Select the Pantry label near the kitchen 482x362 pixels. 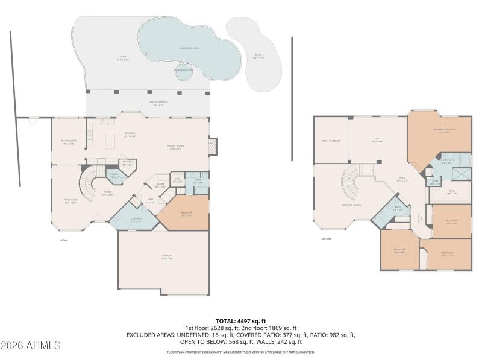click(127, 163)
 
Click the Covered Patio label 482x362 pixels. click(159, 103)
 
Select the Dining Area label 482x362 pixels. click(69, 142)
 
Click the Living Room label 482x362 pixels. click(71, 201)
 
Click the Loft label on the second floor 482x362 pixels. click(377, 140)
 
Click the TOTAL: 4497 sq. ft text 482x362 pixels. click(241, 321)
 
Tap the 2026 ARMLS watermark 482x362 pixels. click(31, 346)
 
